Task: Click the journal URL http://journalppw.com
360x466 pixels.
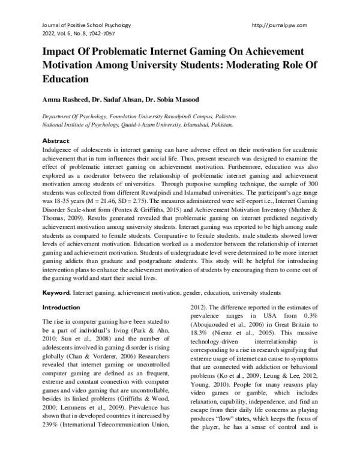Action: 281,25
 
